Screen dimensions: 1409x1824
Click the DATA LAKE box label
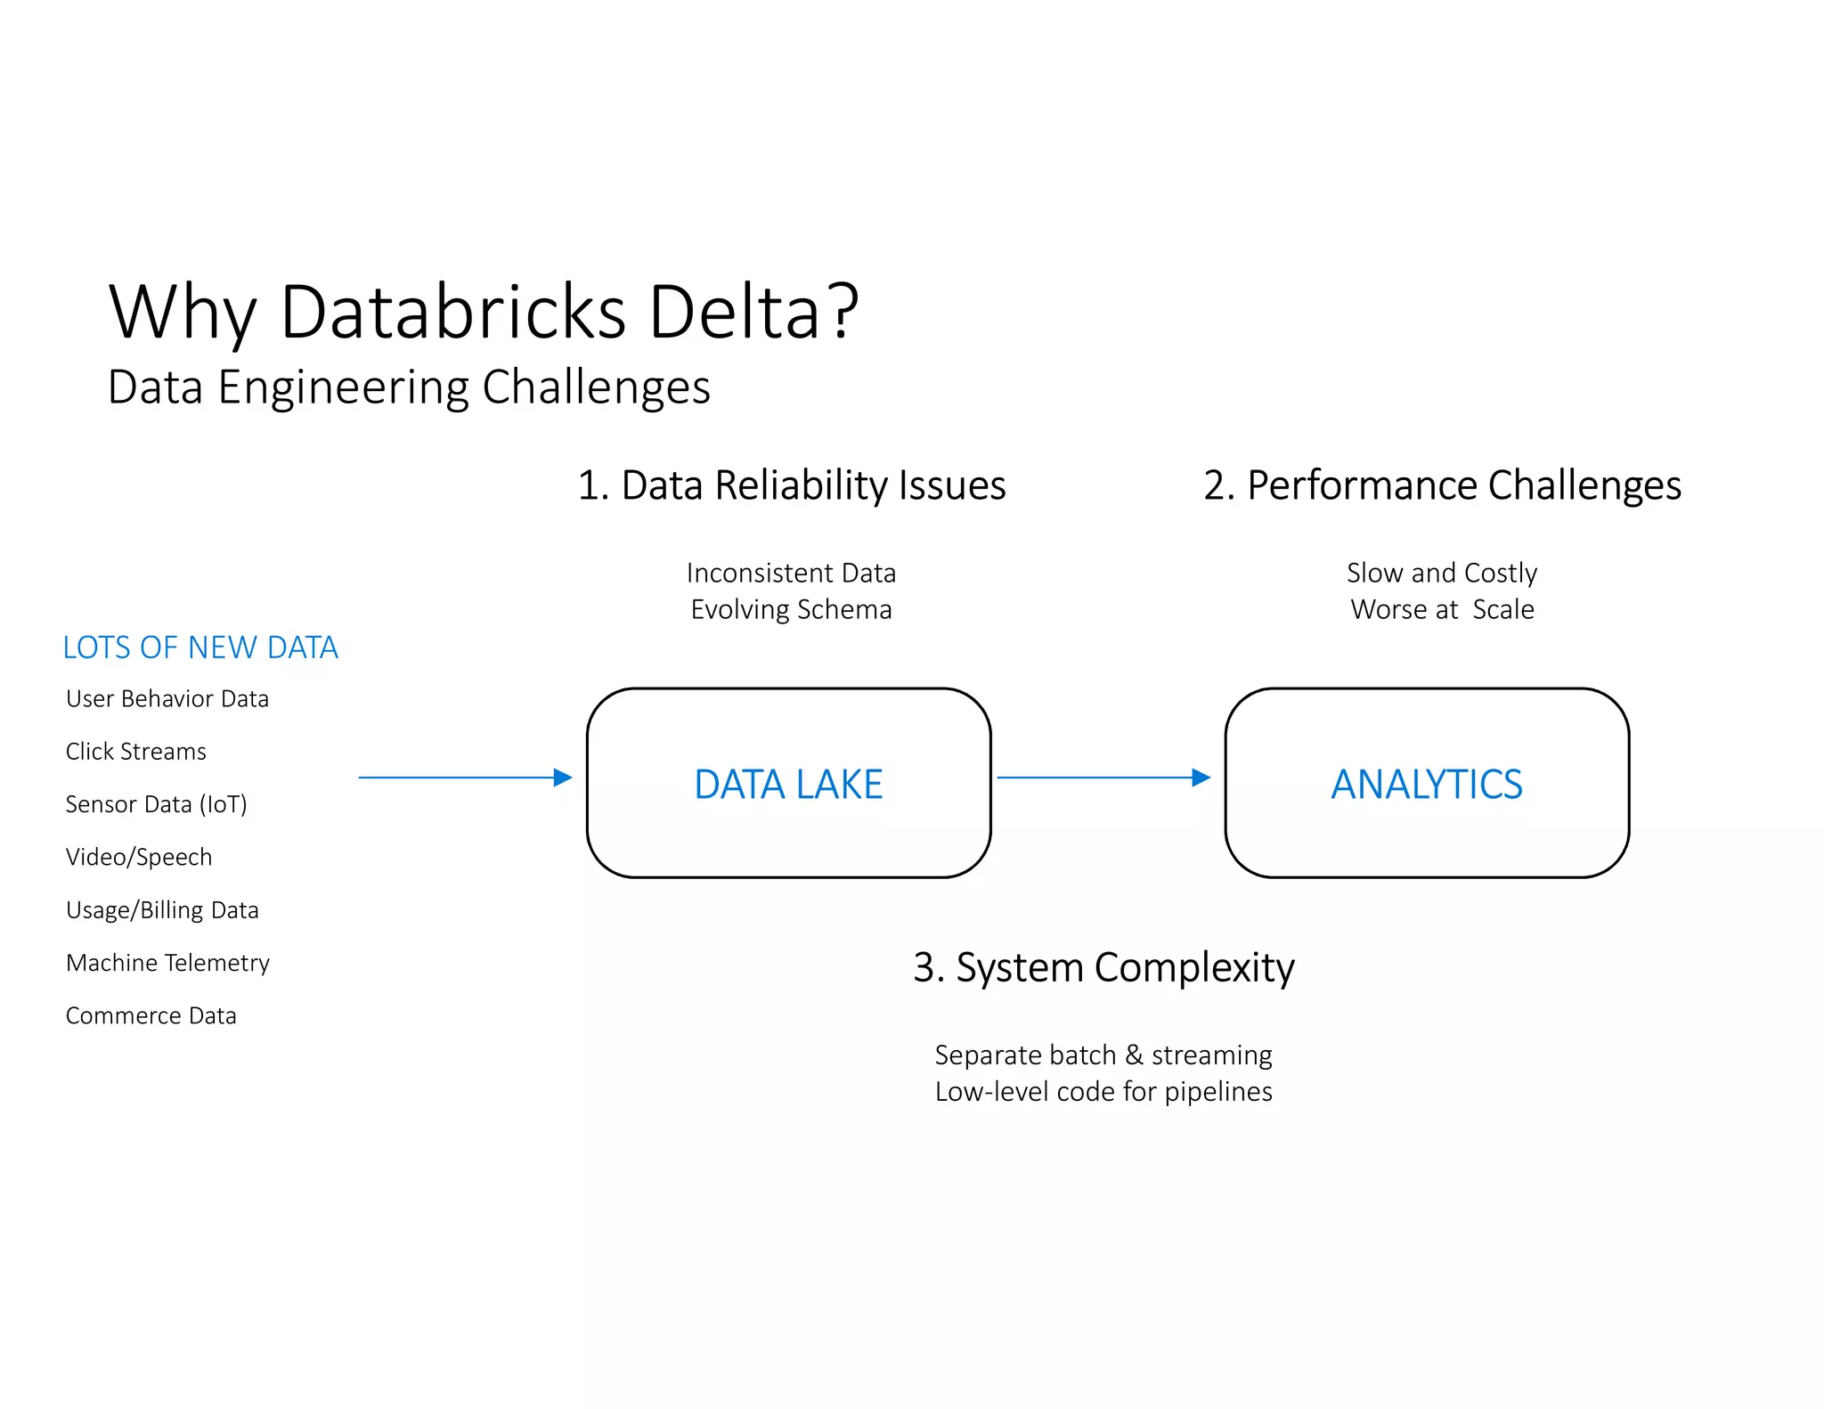click(788, 785)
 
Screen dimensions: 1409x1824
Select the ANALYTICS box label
click(1427, 785)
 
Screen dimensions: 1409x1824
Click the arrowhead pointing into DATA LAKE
click(563, 778)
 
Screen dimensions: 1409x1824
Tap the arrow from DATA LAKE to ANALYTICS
click(1103, 778)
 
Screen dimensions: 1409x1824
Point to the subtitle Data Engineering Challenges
click(409, 387)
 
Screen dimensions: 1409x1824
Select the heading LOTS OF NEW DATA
click(200, 647)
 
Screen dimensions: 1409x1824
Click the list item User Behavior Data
click(167, 699)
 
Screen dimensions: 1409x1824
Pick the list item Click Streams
click(136, 752)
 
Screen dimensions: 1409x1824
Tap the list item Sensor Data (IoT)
click(157, 804)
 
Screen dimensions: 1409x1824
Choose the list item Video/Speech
click(139, 857)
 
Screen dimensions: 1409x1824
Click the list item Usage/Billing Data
click(162, 910)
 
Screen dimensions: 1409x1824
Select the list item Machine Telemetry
click(167, 963)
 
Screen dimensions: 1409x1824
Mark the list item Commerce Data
click(151, 1015)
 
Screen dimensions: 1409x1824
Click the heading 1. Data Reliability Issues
click(792, 485)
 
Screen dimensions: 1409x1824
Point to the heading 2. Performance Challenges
click(1442, 485)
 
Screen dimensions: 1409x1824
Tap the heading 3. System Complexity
click(1103, 967)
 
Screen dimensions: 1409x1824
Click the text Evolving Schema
click(791, 610)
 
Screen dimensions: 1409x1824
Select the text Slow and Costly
click(1442, 573)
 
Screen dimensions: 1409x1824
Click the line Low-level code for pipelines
click(1103, 1092)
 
